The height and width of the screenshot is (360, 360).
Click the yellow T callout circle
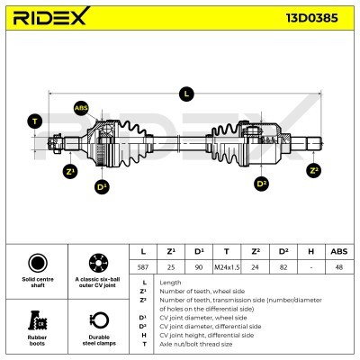(35, 121)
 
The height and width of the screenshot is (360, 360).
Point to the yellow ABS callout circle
(81, 108)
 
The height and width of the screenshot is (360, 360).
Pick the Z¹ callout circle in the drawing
(69, 170)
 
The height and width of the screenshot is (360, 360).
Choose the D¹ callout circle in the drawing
(103, 186)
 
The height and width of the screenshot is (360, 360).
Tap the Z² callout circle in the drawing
(313, 169)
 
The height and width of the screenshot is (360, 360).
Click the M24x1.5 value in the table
(226, 266)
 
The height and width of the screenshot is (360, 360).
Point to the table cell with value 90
(199, 266)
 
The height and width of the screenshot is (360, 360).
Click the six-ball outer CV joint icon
(96, 265)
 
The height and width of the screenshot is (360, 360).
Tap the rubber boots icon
(37, 320)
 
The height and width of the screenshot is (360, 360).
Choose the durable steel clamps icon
(96, 320)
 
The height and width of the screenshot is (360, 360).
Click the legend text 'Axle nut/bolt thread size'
(196, 343)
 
